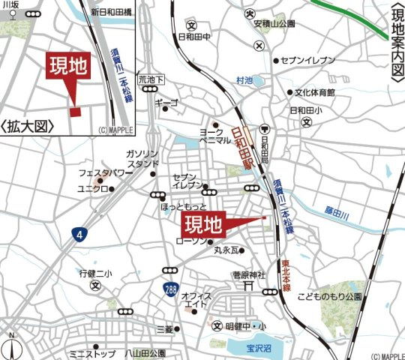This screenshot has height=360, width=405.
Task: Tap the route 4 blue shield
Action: coord(79,235)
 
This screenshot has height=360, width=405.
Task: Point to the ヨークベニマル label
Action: coord(214,136)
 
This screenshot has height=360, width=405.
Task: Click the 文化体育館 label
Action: coord(314,93)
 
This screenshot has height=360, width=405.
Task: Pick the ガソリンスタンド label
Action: coord(142,158)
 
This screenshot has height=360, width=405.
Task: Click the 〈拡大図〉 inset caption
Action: coord(31,126)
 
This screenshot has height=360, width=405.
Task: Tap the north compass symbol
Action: coord(11,346)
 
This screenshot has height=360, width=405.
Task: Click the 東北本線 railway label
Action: coord(286,274)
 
